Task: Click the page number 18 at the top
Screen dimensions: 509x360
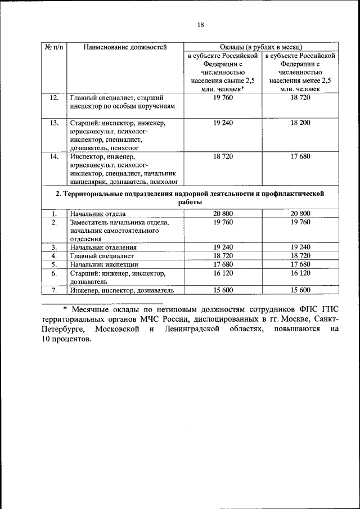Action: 201,24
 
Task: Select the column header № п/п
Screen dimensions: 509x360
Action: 53,47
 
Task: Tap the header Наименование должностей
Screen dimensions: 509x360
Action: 125,47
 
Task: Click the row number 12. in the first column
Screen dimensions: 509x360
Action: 53,98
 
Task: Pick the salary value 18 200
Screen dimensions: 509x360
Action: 300,123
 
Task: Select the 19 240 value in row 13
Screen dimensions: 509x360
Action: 223,123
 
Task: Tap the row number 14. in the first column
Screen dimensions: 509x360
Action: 53,156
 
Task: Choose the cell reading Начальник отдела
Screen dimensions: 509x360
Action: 98,214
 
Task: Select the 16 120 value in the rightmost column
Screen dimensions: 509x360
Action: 300,273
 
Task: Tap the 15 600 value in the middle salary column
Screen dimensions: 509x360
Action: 223,290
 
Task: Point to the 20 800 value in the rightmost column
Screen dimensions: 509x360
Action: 300,214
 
